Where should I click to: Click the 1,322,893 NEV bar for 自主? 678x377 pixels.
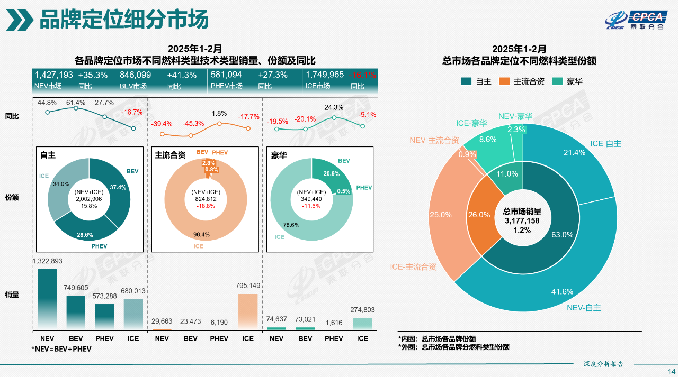coord(47,299)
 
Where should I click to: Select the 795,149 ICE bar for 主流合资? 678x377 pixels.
coord(248,312)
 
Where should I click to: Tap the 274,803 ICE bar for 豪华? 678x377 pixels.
coord(362,324)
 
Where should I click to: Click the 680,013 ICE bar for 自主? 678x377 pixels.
coord(133,315)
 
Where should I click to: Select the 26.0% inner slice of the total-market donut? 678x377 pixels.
coord(479,215)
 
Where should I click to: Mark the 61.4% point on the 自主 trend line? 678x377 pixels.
coord(76,108)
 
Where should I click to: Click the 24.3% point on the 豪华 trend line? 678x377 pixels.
coord(334,117)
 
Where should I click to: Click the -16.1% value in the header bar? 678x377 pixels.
coord(363,75)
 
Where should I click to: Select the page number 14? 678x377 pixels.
coord(671,371)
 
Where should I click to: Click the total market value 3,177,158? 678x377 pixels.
coord(521,220)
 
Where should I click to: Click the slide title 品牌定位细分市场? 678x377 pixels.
coord(124,20)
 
